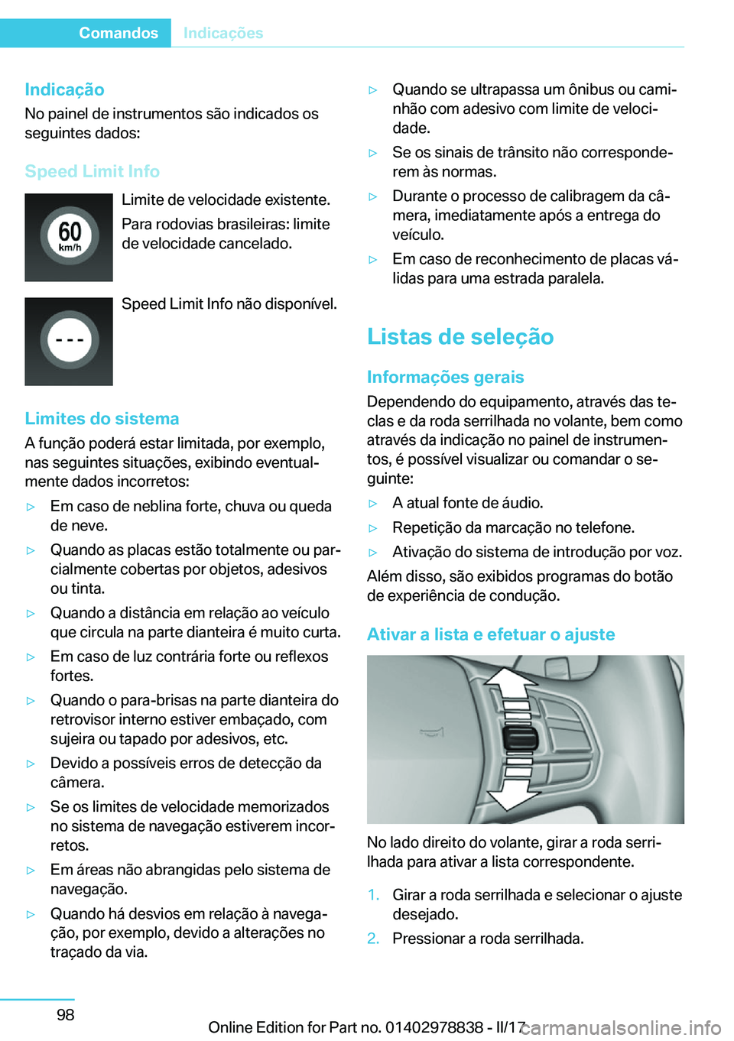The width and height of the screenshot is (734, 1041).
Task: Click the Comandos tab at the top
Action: pos(118,33)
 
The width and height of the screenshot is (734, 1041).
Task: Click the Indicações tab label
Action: pos(223,33)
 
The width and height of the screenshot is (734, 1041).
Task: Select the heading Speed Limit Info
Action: pos(92,171)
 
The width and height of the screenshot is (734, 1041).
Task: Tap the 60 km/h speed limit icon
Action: pos(69,237)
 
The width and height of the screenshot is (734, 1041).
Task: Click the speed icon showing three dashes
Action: pos(69,341)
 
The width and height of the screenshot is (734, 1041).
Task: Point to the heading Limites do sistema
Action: pos(102,419)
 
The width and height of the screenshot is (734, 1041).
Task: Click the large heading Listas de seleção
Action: pos(460,336)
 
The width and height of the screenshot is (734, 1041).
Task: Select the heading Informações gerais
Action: pos(445,377)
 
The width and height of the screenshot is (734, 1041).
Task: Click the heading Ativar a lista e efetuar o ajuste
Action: pos(490,634)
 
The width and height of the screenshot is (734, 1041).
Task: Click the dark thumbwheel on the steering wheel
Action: pos(519,739)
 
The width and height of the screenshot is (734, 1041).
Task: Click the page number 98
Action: pos(66,1014)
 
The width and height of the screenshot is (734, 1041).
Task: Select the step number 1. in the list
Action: pos(373,895)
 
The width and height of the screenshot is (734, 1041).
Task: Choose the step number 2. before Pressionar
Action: pos(373,939)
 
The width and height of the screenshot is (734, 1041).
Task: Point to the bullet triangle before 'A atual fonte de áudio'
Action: pos(373,504)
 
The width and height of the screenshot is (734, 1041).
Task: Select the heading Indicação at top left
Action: pos(64,89)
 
